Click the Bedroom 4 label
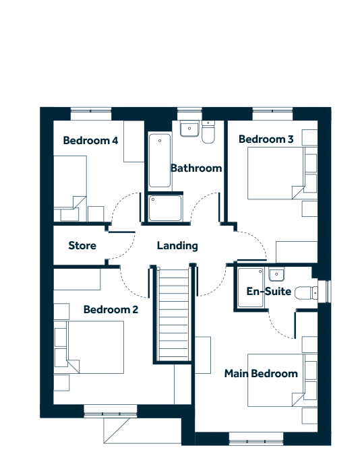pos(90,140)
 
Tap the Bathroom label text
pos(196,168)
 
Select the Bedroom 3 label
pos(266,139)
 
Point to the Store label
pos(82,246)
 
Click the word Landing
pos(177,246)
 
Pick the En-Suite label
pos(269,291)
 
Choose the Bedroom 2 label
pos(111,310)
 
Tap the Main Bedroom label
pos(261,374)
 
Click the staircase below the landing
pos(173,314)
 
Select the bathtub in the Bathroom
pos(160,160)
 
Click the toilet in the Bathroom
pos(208,132)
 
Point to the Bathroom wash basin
pos(189,129)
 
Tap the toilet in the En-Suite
pos(306,293)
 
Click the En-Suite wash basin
pos(276,274)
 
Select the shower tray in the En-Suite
pos(251,288)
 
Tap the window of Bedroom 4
pos(91,113)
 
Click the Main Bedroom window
pos(256,439)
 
